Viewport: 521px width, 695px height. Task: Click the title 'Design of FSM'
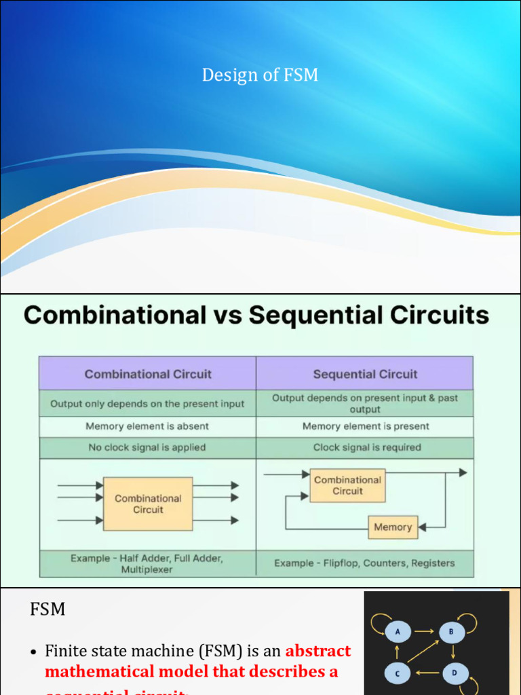click(x=260, y=75)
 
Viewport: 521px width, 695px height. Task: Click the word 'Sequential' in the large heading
click(x=306, y=316)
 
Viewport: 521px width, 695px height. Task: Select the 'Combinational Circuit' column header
click(x=148, y=374)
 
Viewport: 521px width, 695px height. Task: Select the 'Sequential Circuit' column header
click(x=365, y=374)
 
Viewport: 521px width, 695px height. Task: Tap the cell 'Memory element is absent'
click(x=147, y=426)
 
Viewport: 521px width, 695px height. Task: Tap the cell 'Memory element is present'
click(x=365, y=426)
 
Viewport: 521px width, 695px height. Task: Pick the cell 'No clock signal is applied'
click(x=147, y=447)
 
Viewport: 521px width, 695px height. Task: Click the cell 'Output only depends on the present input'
click(x=147, y=404)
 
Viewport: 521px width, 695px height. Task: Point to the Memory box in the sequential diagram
click(x=393, y=527)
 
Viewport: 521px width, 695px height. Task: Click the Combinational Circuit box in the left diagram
click(x=148, y=504)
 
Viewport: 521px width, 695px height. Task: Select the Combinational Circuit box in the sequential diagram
click(x=347, y=485)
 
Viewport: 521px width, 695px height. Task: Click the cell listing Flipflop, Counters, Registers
click(x=364, y=563)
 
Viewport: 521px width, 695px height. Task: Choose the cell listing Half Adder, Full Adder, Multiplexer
click(x=147, y=563)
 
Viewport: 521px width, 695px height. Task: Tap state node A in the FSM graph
click(x=398, y=632)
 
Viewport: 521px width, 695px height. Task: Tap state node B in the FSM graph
click(x=451, y=632)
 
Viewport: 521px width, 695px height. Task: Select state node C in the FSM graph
click(x=398, y=673)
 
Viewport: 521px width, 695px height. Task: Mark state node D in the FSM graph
click(x=455, y=673)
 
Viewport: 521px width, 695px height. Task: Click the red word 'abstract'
click(x=318, y=652)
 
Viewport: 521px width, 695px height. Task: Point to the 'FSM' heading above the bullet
click(x=47, y=609)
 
